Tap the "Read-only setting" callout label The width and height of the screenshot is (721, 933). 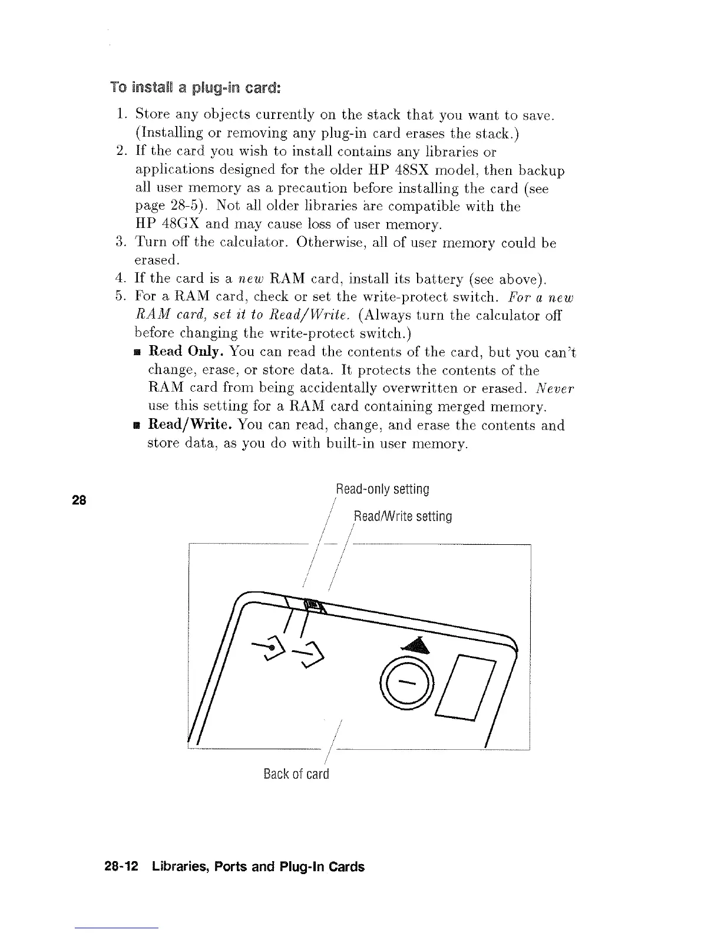pyautogui.click(x=382, y=489)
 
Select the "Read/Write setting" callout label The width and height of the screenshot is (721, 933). pyautogui.click(x=403, y=517)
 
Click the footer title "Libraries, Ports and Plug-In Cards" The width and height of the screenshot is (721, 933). pyautogui.click(x=258, y=866)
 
